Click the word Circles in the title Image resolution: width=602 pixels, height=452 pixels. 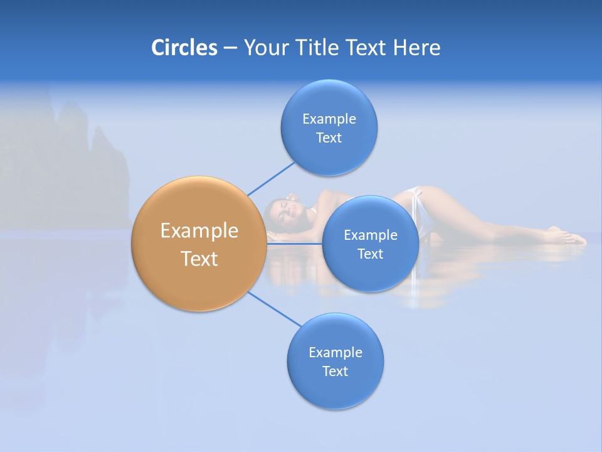pyautogui.click(x=184, y=48)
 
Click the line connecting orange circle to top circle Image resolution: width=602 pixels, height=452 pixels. pyautogui.click(x=271, y=178)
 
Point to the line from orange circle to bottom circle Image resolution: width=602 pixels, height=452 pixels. pyautogui.click(x=275, y=308)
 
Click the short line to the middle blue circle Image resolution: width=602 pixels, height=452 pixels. pyautogui.click(x=295, y=244)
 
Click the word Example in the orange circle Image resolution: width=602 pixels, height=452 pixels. pyautogui.click(x=199, y=231)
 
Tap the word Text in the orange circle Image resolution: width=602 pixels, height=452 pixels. pyautogui.click(x=199, y=259)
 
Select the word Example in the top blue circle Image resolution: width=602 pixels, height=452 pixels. pyautogui.click(x=329, y=119)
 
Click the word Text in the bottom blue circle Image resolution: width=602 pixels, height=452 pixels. pyautogui.click(x=335, y=371)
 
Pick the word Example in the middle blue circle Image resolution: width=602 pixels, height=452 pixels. pyautogui.click(x=371, y=235)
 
